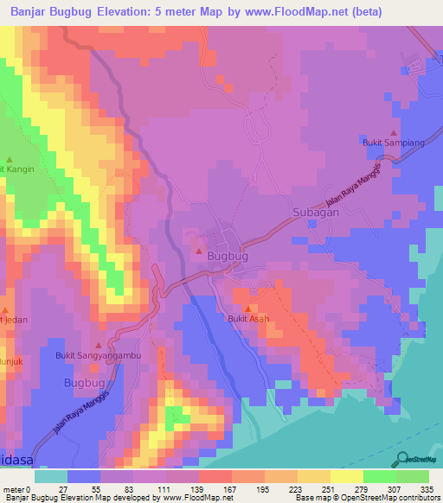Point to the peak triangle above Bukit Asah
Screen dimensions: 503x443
pos(248,309)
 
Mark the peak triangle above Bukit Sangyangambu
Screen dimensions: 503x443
pos(97,343)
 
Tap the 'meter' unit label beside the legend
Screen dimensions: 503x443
pos(13,489)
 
